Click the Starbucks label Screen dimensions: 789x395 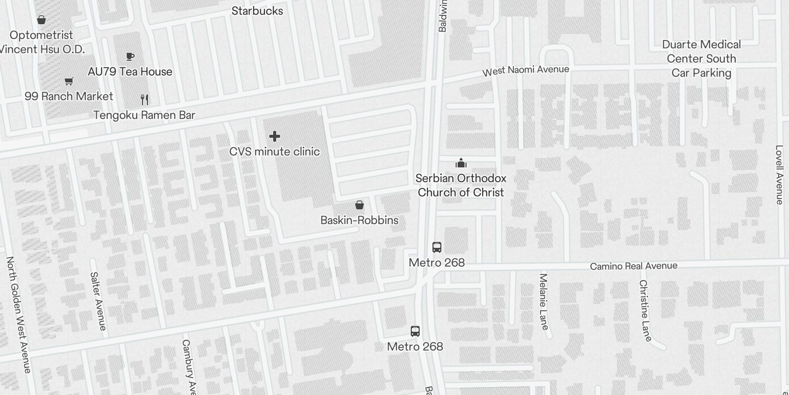pos(257,11)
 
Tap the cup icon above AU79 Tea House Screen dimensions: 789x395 pos(130,57)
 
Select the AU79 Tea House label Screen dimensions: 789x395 pos(130,72)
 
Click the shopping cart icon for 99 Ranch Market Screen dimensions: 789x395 pos(69,81)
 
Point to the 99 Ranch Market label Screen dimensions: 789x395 pos(69,96)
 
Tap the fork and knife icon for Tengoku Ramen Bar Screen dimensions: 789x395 pos(144,100)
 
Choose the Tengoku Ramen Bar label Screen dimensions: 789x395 pos(144,115)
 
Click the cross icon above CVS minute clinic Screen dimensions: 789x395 pos(275,136)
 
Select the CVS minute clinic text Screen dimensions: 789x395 pos(275,152)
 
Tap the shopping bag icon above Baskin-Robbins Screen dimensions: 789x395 pos(359,205)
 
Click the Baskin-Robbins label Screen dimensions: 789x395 pos(359,220)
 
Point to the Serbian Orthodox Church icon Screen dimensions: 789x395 pos(461,163)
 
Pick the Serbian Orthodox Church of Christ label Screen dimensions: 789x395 pos(461,185)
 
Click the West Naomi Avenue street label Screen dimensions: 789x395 pos(526,71)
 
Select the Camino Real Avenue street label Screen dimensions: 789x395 pos(634,266)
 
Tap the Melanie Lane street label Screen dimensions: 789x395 pos(543,301)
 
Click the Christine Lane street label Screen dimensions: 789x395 pos(645,310)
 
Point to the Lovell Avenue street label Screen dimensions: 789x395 pos(779,174)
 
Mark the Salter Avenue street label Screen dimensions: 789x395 pos(98,301)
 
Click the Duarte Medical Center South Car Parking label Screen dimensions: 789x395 pos(701,59)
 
